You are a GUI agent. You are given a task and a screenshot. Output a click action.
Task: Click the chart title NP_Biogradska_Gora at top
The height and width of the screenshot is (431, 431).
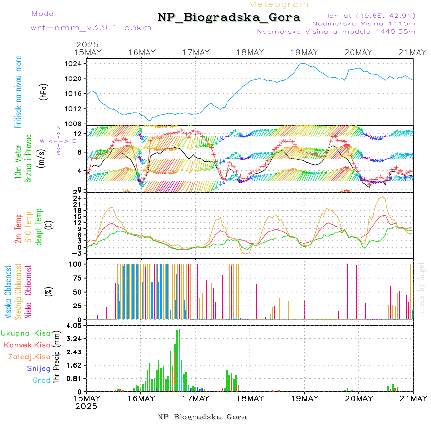pyautogui.click(x=229, y=18)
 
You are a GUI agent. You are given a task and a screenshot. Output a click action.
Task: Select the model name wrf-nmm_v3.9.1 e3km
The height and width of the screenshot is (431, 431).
pyautogui.click(x=91, y=28)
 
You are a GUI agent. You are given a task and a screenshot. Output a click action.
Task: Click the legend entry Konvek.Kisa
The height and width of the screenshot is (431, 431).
pyautogui.click(x=27, y=345)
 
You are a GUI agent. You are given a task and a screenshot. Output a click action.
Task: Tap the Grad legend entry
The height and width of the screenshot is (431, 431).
pyautogui.click(x=41, y=381)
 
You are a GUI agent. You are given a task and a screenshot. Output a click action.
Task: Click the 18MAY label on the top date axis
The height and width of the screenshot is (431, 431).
pyautogui.click(x=250, y=52)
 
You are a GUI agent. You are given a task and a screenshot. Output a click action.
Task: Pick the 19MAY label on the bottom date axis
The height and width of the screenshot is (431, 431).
pyautogui.click(x=304, y=398)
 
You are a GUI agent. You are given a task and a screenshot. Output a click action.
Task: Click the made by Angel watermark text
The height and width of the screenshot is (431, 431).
pyautogui.click(x=422, y=287)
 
